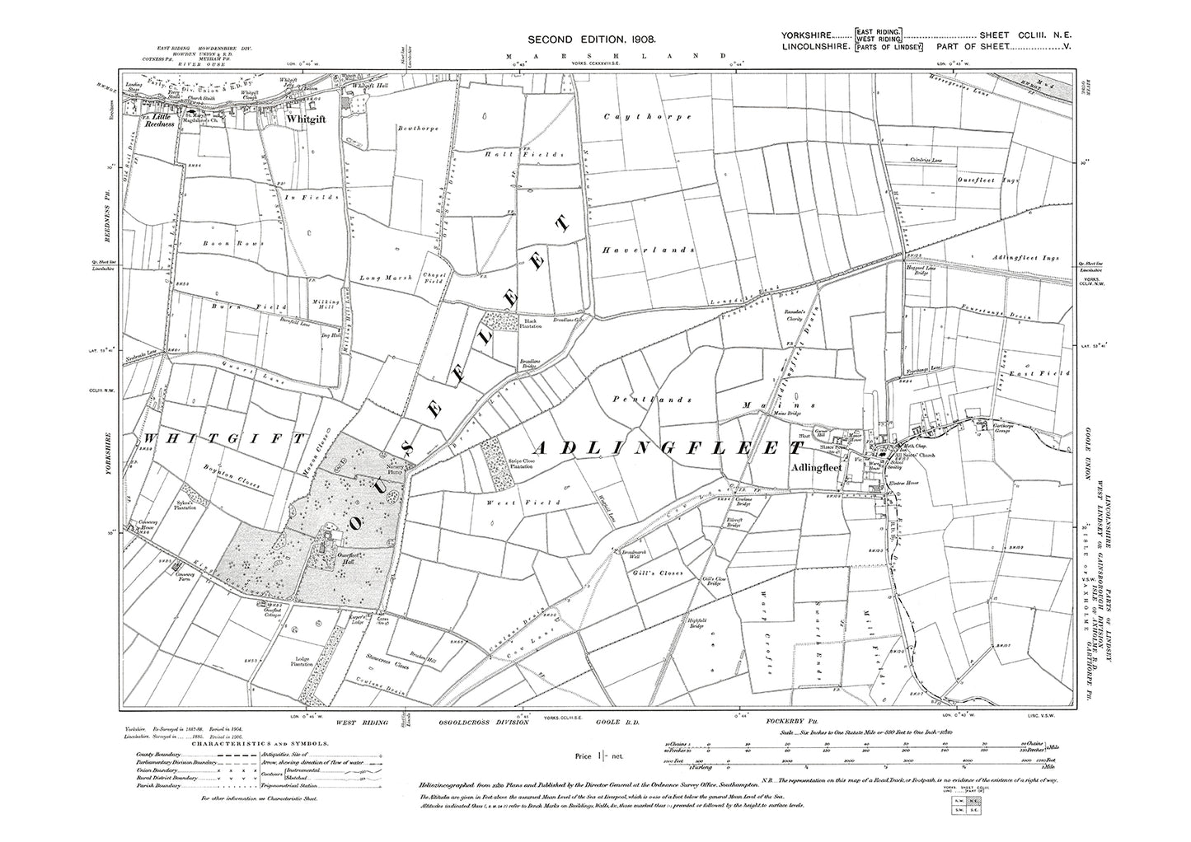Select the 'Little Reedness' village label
[x=157, y=120]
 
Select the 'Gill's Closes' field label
[x=659, y=573]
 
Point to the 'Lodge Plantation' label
[x=303, y=662]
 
